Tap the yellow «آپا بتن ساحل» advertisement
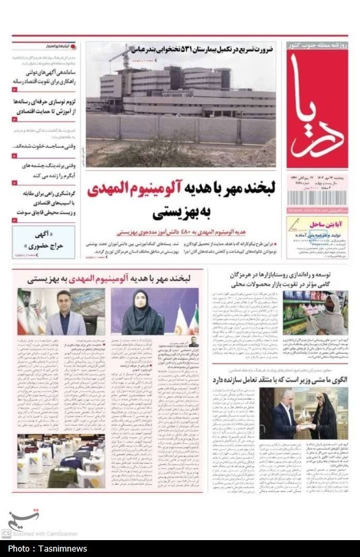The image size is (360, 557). tap(317, 236)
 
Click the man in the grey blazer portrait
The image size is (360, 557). tap(64, 312)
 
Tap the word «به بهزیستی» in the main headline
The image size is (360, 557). tap(180, 212)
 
